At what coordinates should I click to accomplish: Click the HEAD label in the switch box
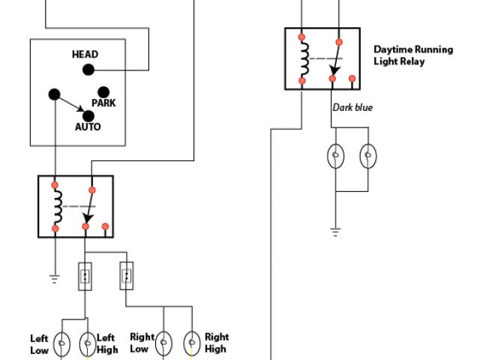coord(85,55)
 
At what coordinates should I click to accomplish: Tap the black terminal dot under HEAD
coord(88,70)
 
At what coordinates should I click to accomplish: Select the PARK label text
coord(103,103)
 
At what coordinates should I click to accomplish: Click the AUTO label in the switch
coord(88,127)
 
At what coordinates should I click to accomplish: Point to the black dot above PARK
coord(103,92)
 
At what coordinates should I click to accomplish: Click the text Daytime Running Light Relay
coord(413,55)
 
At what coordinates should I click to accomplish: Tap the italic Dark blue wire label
coord(352,107)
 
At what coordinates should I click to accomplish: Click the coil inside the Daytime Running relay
coord(304,58)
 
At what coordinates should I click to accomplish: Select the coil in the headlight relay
coord(58,207)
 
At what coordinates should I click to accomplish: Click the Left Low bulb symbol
coord(61,343)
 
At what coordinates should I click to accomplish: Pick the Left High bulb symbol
coord(88,343)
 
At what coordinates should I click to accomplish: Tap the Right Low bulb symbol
coord(163,343)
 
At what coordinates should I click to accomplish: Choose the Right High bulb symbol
coord(192,343)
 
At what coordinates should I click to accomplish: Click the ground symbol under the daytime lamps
coord(336,232)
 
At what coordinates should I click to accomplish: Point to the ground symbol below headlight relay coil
coord(55,279)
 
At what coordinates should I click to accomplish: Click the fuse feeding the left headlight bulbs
coord(85,276)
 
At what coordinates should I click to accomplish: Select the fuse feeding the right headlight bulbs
coord(127,275)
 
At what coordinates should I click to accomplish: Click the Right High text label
coord(217,343)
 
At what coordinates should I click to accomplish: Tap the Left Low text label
coord(40,344)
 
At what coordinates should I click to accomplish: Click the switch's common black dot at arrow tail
coord(55,94)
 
